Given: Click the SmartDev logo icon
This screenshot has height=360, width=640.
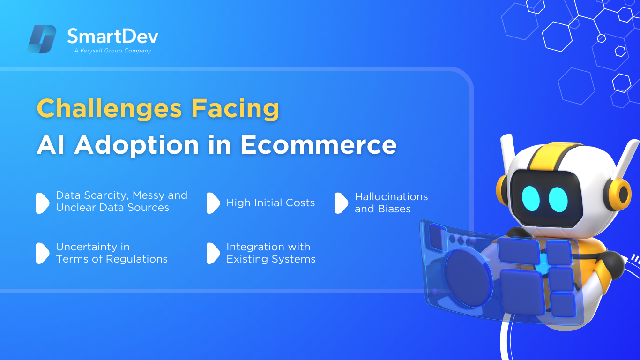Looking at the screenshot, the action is (42, 39).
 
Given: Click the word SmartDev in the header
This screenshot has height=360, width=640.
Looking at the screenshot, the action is (112, 36).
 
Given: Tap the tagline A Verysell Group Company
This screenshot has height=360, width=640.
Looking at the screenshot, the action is (112, 51).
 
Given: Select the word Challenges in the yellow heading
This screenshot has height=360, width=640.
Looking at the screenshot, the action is (110, 108).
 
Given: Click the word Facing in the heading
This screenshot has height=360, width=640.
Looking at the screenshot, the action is (235, 109).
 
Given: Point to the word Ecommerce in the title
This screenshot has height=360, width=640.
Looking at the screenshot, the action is (318, 145).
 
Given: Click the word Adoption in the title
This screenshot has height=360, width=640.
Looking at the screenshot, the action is (136, 145).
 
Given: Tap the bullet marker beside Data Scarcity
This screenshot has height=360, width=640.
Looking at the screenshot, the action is (43, 203).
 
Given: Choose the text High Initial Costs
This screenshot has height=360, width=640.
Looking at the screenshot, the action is (271, 202).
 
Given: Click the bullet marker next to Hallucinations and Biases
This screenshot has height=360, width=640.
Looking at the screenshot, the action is (342, 203).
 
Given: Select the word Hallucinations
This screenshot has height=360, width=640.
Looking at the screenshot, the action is (391, 196).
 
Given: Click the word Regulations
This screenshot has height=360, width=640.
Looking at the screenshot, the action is (136, 259).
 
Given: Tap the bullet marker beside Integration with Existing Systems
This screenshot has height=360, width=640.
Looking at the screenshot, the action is (213, 253).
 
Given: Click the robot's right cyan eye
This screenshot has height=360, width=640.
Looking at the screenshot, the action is (558, 200).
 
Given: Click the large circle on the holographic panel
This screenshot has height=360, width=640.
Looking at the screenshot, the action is (468, 277).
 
